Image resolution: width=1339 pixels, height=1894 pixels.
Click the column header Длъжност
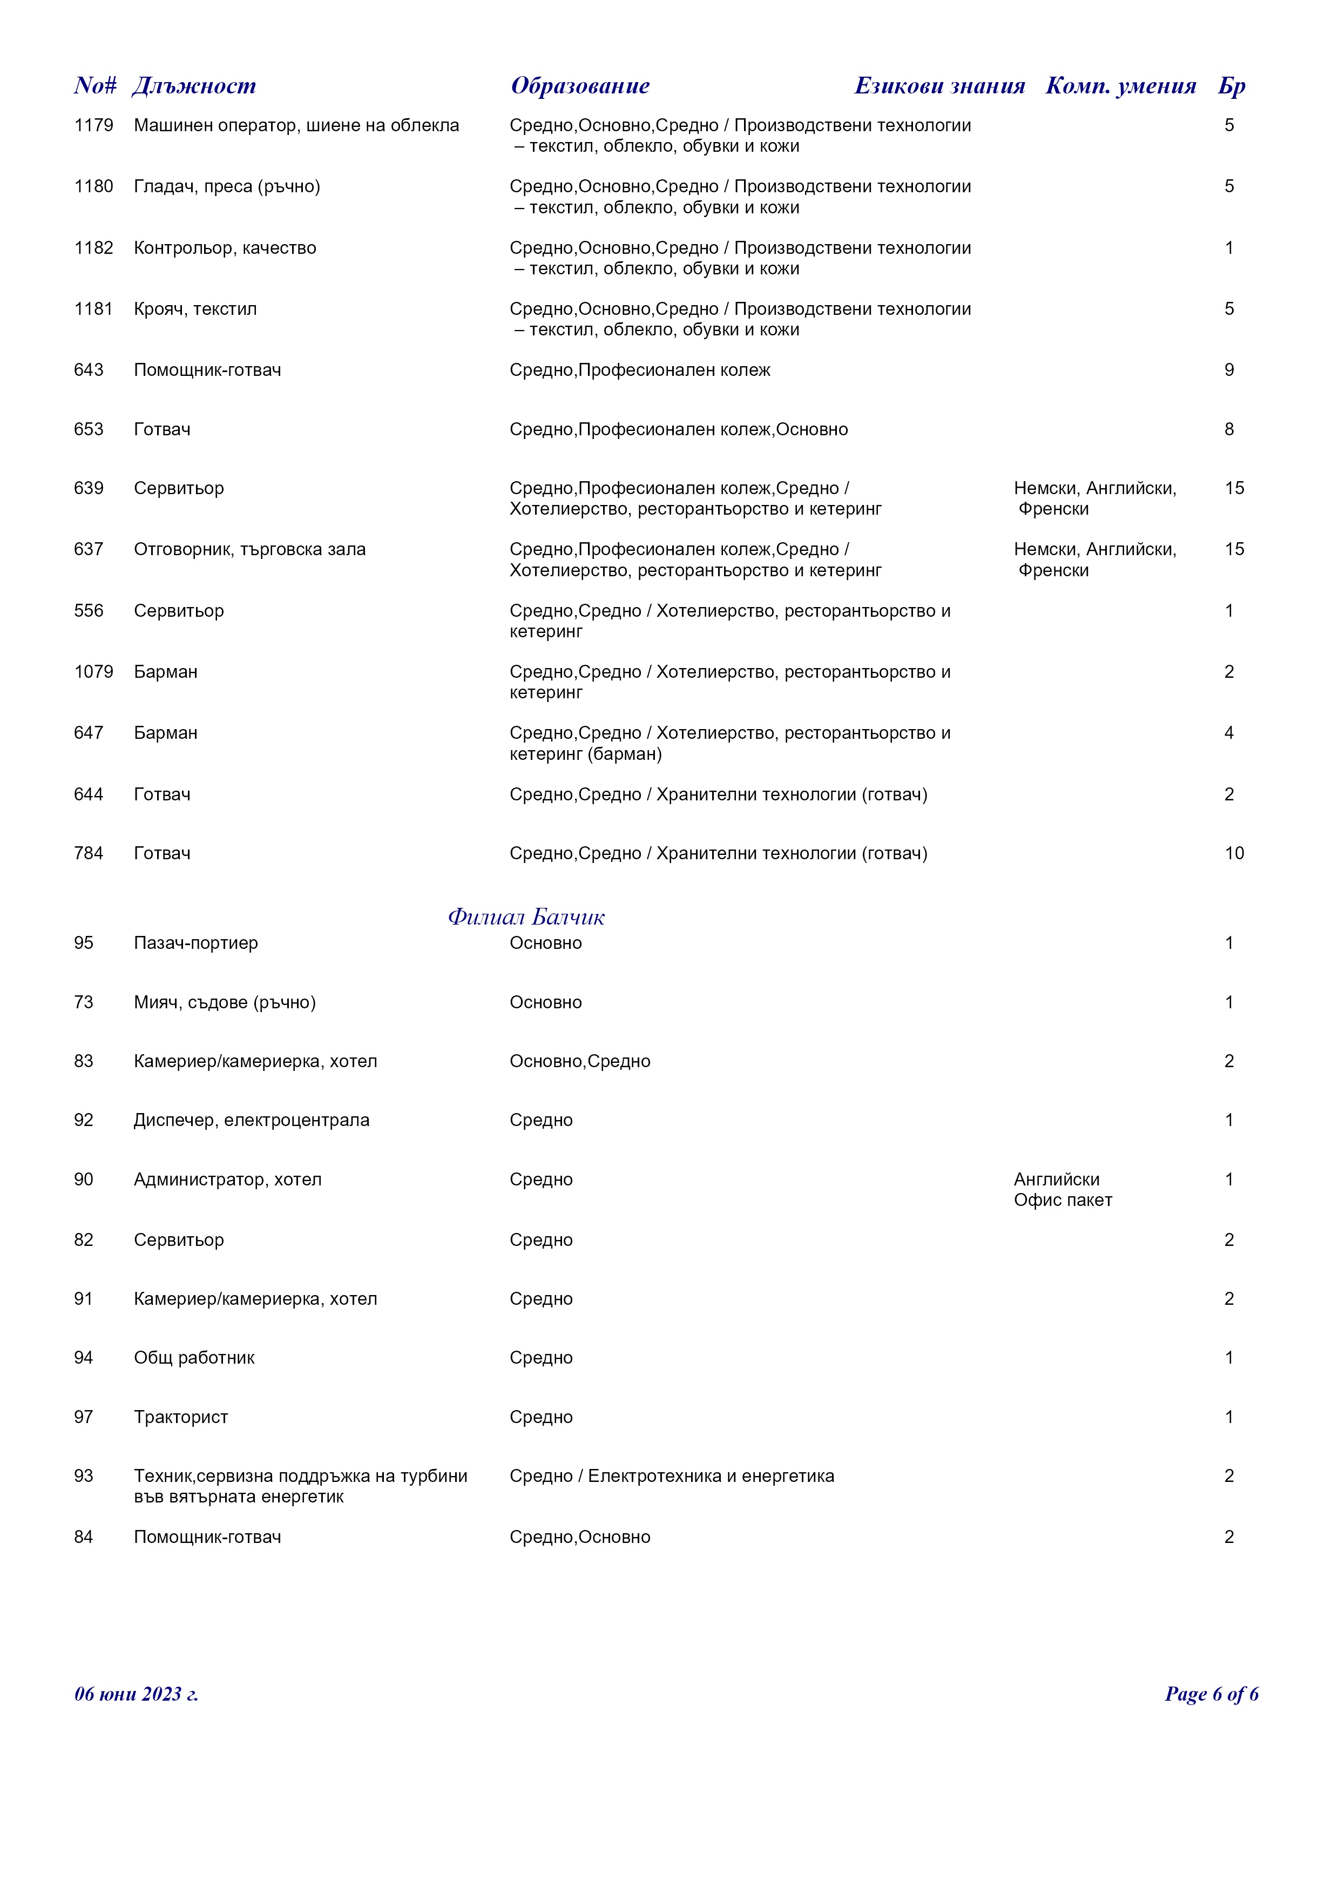pyautogui.click(x=194, y=86)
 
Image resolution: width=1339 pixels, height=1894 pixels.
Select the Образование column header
pyautogui.click(x=580, y=86)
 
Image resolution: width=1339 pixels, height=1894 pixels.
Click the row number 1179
pyautogui.click(x=93, y=125)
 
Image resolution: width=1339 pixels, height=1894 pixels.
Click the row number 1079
pyautogui.click(x=93, y=672)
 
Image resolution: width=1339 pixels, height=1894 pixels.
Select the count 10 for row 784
pyautogui.click(x=1234, y=854)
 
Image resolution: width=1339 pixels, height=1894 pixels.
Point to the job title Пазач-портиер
pyautogui.click(x=195, y=943)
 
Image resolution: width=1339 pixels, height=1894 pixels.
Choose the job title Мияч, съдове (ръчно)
pyautogui.click(x=224, y=1002)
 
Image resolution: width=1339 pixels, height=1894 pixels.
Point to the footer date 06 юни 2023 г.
pyautogui.click(x=136, y=1694)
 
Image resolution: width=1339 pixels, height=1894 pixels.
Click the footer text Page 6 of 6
pyautogui.click(x=1210, y=1694)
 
